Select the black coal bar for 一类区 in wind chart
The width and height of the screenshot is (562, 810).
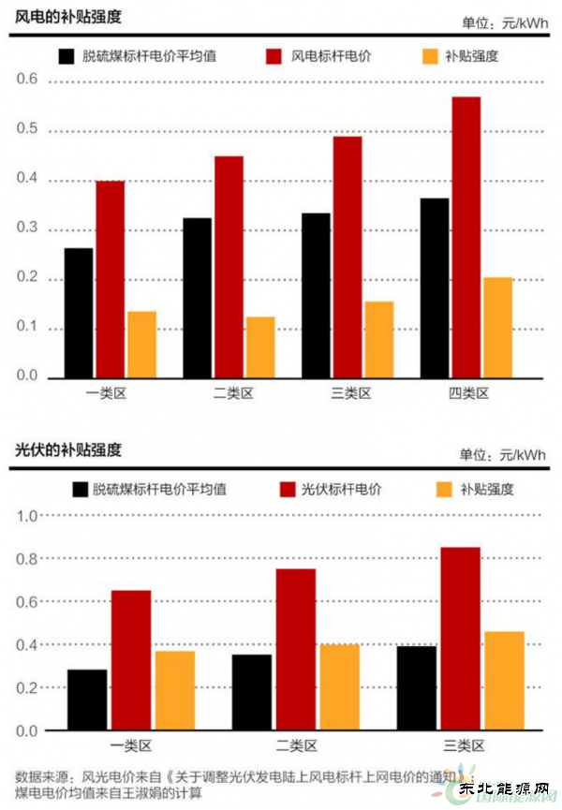point(79,313)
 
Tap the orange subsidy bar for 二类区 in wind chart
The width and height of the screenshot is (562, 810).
point(260,347)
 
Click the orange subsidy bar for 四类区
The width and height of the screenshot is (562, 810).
point(497,328)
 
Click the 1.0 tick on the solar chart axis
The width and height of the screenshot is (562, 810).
point(25,516)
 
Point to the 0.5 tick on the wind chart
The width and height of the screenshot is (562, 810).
point(25,129)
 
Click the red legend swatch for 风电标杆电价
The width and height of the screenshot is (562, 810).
point(274,56)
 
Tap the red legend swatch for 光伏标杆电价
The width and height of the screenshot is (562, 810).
point(288,489)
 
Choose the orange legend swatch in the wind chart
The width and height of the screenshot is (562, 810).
point(429,56)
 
